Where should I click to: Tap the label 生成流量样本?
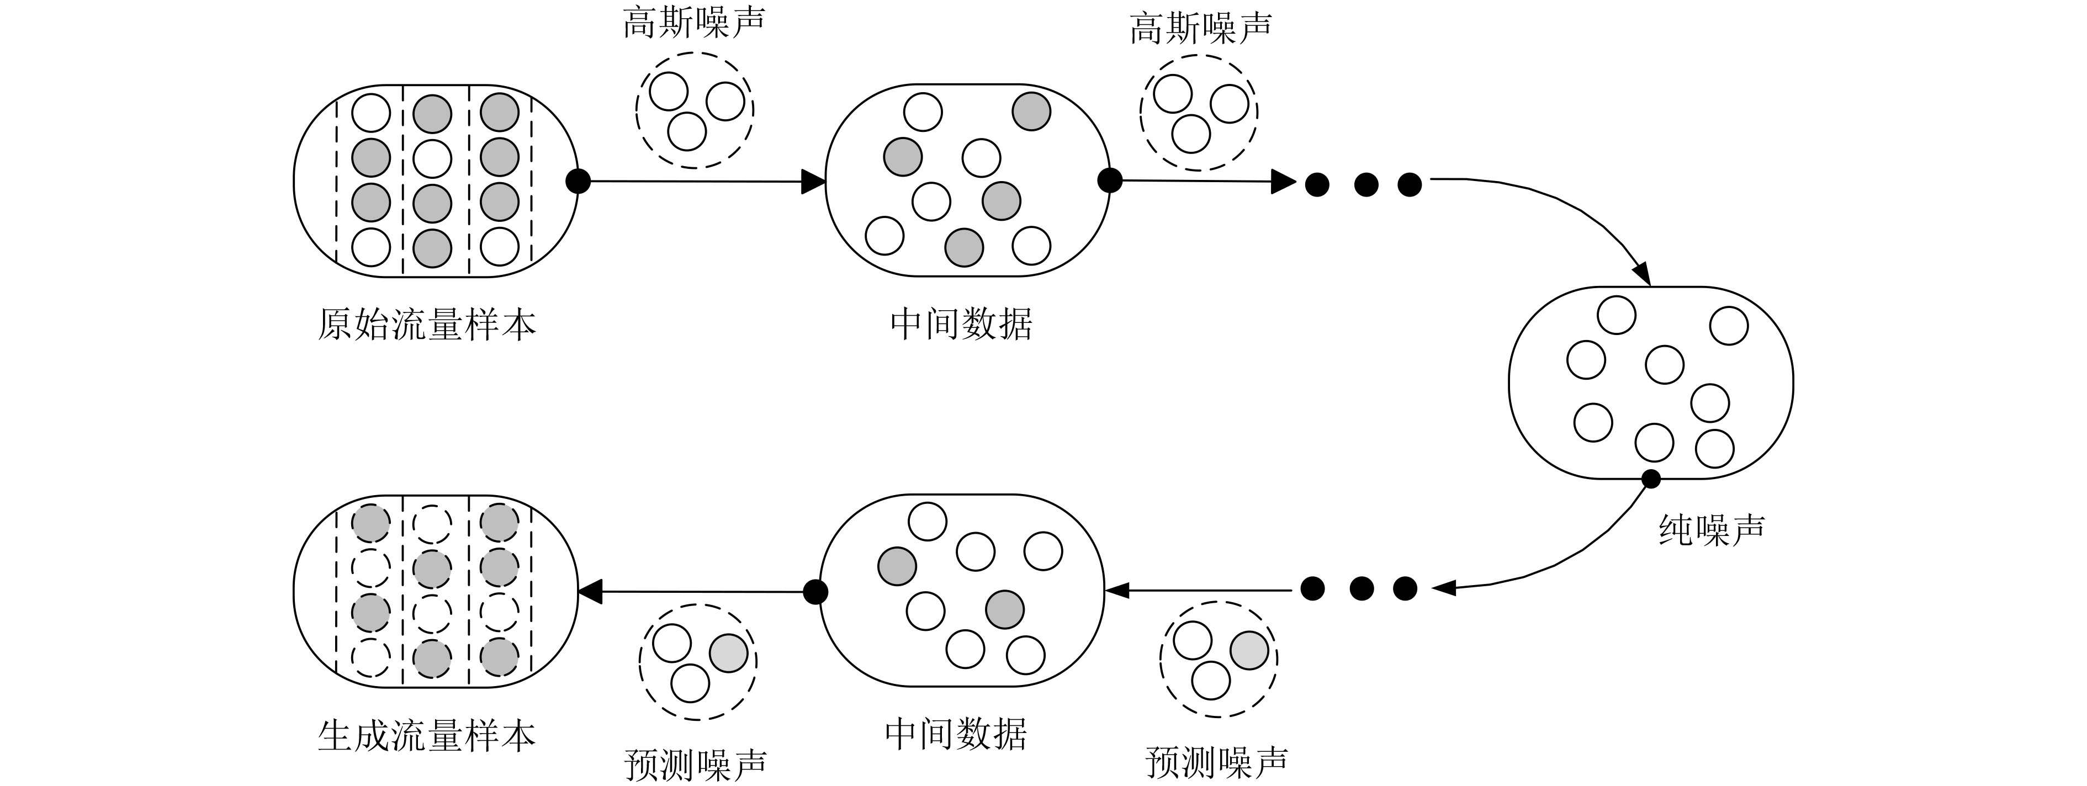[x=426, y=736]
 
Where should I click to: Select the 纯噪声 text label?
[x=1711, y=529]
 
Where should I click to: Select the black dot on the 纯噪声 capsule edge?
[x=1650, y=479]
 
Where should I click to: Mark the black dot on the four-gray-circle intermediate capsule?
[x=1109, y=180]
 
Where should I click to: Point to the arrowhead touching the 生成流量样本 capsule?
[x=590, y=592]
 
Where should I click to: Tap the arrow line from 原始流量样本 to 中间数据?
[x=697, y=182]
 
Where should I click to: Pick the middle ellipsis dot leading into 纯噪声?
[x=1365, y=185]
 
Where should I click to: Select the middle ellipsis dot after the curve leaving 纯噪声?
[x=1360, y=588]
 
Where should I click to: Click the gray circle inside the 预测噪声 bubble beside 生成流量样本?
[x=728, y=653]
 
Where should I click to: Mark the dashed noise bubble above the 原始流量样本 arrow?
[x=695, y=110]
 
